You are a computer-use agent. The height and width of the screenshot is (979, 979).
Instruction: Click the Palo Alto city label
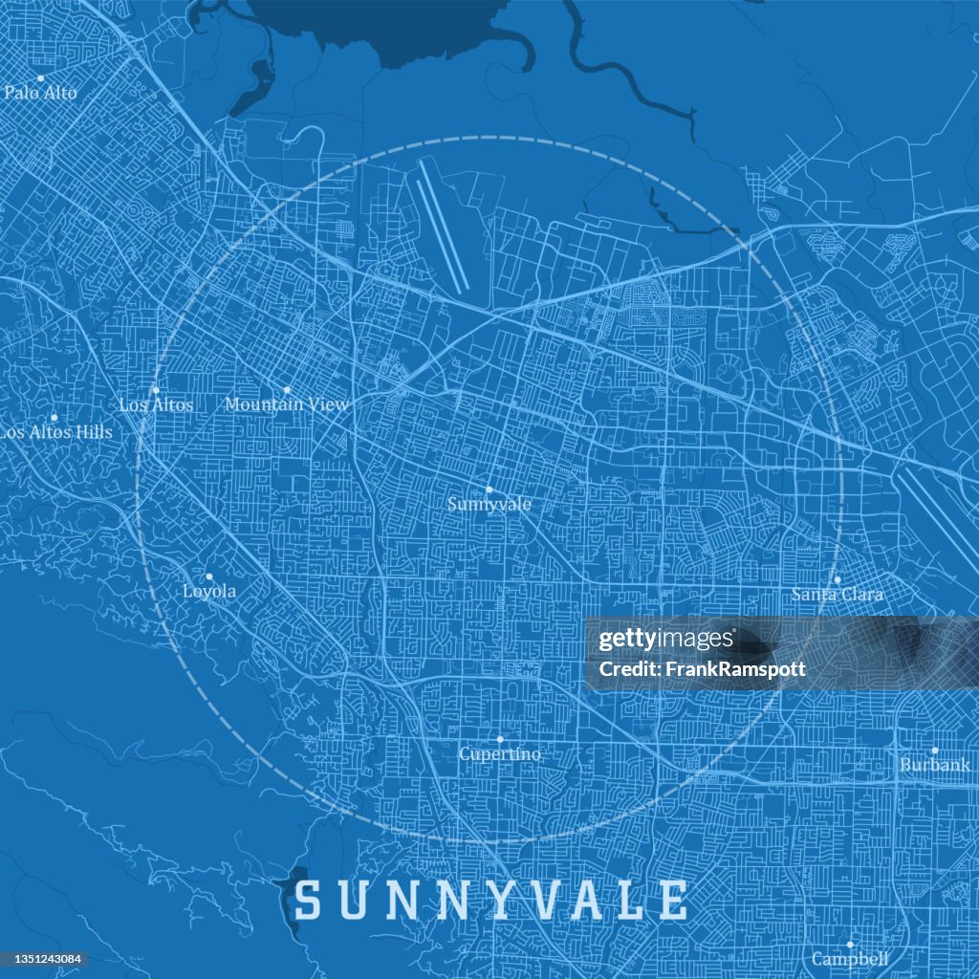[41, 93]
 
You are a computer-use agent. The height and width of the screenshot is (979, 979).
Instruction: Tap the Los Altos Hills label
[55, 432]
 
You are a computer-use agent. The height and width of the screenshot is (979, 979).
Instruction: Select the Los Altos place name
[156, 404]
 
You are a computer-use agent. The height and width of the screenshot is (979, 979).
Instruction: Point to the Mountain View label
[287, 404]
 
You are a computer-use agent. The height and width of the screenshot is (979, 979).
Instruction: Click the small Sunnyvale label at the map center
[489, 503]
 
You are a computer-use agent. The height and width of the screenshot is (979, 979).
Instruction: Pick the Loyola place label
[209, 591]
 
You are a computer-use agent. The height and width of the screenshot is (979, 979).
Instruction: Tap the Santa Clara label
[837, 594]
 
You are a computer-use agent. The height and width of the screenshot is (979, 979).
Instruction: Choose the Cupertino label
[499, 753]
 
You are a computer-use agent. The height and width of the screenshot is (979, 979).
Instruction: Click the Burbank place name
[934, 765]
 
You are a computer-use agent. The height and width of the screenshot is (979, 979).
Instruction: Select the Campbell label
[850, 958]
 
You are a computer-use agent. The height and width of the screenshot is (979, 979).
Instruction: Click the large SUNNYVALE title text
[490, 901]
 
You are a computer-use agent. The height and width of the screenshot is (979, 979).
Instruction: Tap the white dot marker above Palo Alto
[41, 78]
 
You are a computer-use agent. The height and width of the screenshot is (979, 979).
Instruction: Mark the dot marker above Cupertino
[500, 739]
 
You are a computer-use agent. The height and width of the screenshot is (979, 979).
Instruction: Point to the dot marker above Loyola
[209, 577]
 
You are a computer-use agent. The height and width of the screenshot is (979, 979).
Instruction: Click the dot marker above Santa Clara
[837, 579]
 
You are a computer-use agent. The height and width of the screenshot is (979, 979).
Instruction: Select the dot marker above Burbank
[935, 751]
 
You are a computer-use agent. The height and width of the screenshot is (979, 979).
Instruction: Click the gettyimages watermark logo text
[666, 640]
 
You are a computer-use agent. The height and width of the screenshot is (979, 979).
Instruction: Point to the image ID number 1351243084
[43, 959]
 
